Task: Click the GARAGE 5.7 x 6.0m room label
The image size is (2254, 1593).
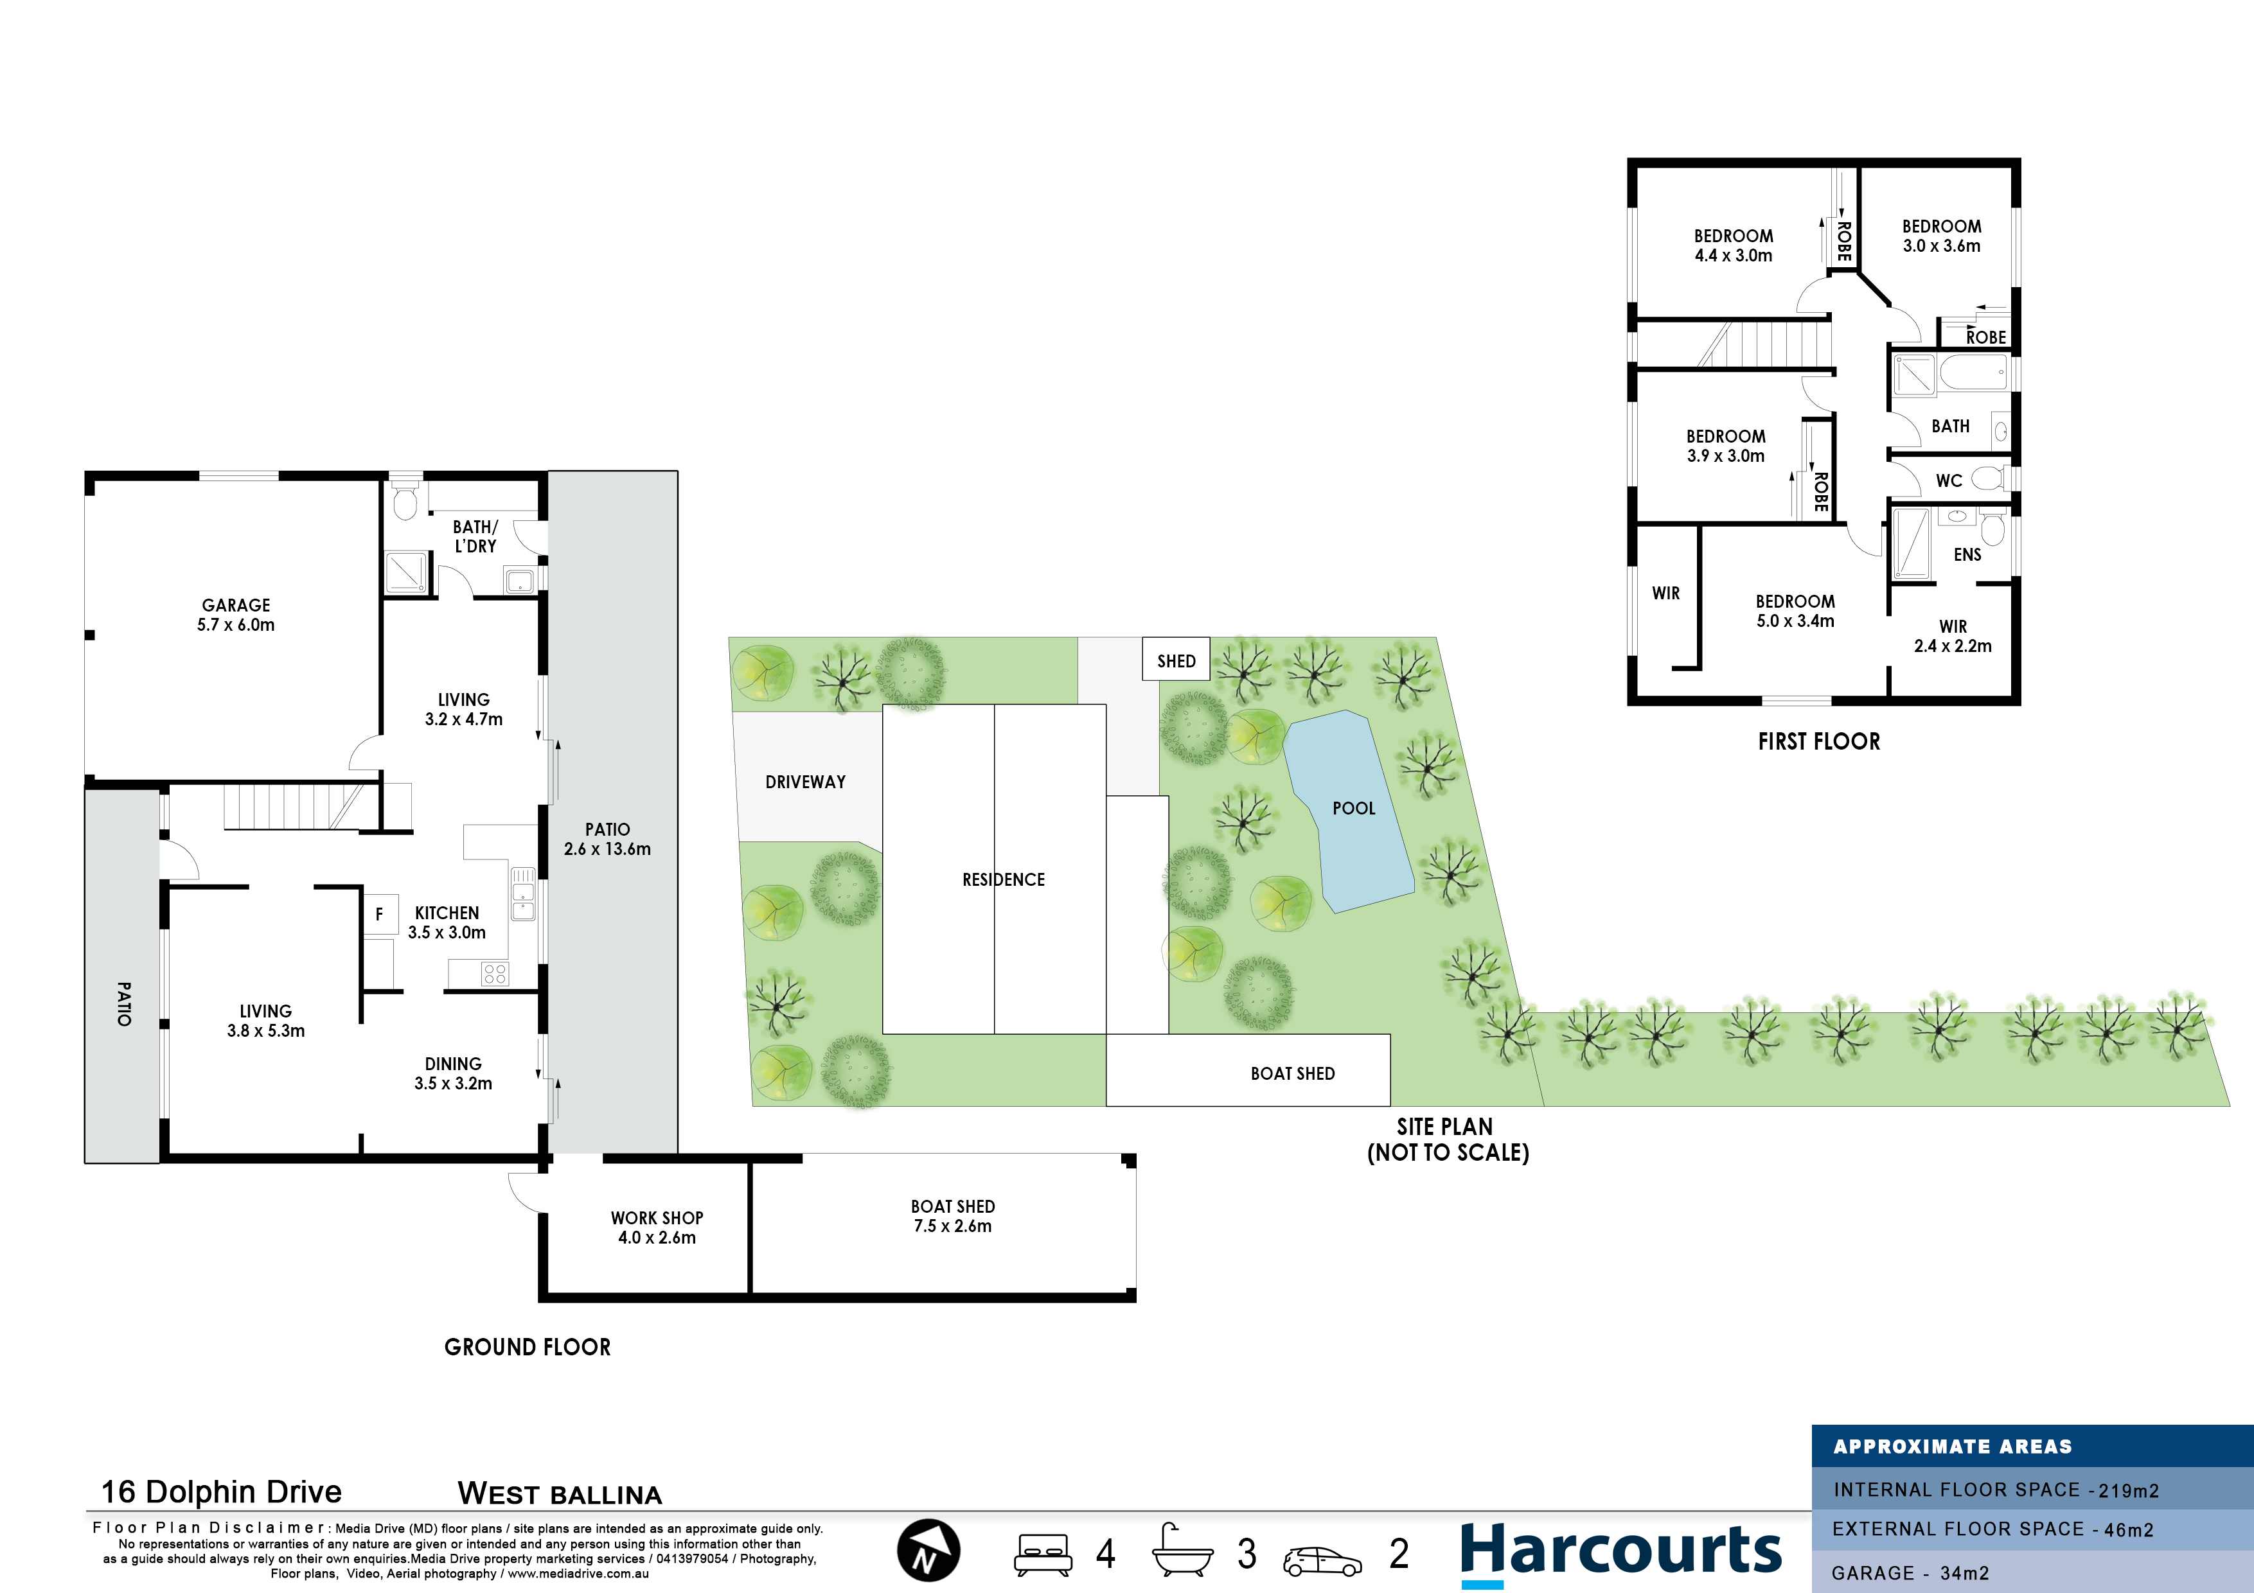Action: pos(236,615)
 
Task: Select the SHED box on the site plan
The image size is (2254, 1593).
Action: pos(1176,660)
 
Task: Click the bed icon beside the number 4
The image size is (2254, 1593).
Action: pos(1043,1554)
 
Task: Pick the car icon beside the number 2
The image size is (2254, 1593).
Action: pos(1322,1561)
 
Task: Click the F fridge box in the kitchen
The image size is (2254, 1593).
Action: pos(380,915)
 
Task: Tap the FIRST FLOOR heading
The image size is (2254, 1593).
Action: pos(1819,742)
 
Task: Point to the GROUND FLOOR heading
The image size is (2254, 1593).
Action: pos(527,1346)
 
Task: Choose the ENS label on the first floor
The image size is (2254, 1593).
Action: pos(1967,554)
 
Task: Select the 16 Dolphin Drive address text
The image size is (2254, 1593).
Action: pos(222,1492)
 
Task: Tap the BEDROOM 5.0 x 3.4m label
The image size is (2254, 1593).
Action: pos(1795,610)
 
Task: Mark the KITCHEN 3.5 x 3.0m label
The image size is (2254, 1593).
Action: pos(447,922)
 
